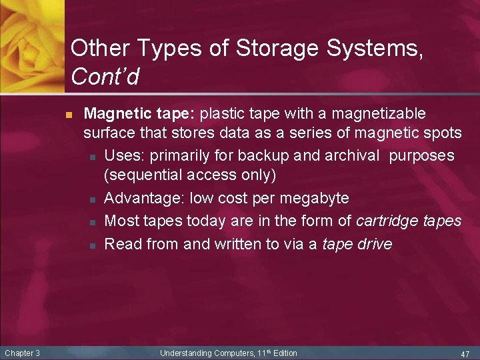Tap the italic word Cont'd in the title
105,77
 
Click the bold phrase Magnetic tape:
139,113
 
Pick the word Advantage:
145,198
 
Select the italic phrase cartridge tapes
409,220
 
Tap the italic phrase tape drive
357,244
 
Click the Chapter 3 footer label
22,353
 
